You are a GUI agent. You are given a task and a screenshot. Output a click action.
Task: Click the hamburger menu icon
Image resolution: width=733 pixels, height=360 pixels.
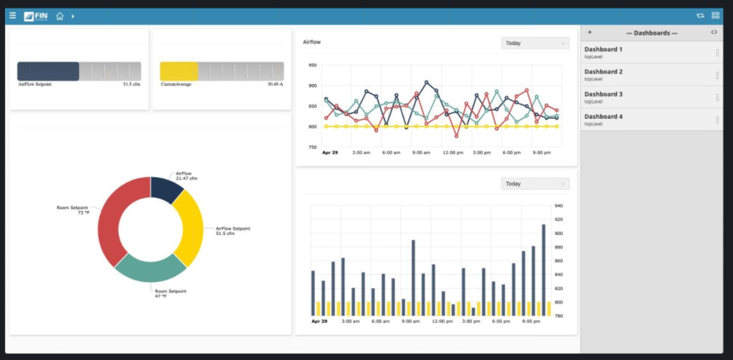[x=13, y=15]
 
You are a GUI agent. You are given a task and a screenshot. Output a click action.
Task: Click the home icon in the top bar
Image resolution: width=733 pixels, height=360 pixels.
[x=60, y=16]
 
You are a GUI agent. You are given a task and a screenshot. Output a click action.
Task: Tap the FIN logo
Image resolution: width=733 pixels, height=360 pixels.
[x=36, y=16]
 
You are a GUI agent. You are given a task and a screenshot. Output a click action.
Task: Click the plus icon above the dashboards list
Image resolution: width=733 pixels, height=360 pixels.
[x=590, y=32]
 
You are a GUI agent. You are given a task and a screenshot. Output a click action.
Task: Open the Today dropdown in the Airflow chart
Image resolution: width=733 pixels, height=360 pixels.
[x=535, y=43]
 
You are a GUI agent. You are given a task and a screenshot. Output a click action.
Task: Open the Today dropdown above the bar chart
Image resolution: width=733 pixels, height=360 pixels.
[x=535, y=184]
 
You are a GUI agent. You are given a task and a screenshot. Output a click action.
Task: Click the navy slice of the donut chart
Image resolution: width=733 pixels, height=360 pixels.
[x=166, y=189]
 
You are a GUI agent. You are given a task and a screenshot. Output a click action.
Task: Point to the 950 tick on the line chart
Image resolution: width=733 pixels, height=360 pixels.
[x=313, y=65]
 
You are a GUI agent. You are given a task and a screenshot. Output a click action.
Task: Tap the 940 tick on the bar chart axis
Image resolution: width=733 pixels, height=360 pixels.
[x=558, y=206]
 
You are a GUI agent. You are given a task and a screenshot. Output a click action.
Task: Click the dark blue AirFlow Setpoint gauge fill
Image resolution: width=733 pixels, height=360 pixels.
[x=48, y=71]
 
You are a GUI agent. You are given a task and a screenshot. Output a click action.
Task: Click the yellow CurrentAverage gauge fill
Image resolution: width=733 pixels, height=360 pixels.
[x=178, y=71]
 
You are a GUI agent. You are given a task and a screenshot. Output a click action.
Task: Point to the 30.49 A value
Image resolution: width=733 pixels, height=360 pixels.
[x=275, y=84]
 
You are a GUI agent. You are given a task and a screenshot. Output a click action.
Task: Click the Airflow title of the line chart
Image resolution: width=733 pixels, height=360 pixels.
[x=312, y=42]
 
